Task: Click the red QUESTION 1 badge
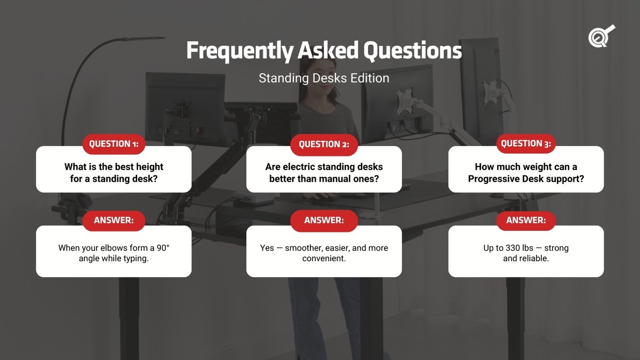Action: click(114, 144)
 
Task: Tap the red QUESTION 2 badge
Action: click(324, 145)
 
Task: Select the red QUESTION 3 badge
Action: click(526, 143)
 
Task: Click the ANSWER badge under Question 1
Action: click(114, 220)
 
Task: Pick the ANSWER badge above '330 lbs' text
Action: click(526, 220)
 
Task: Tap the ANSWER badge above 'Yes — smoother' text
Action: click(324, 220)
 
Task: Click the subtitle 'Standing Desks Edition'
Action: click(324, 78)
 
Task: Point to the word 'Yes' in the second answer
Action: click(267, 248)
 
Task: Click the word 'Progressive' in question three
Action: click(493, 179)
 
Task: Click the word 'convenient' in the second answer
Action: click(324, 259)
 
